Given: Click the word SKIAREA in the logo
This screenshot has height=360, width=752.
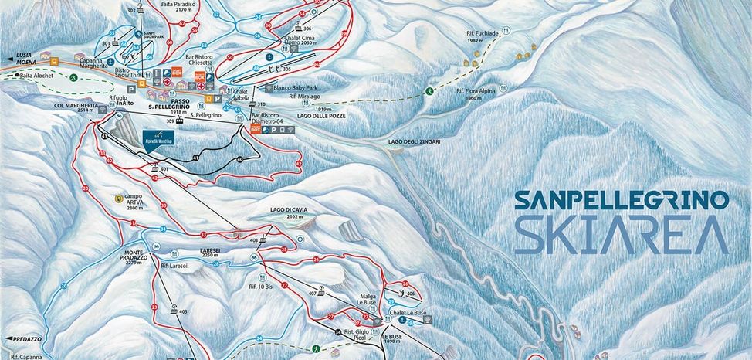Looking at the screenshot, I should pos(622,235).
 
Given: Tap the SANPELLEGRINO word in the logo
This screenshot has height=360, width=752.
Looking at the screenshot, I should pos(622,201).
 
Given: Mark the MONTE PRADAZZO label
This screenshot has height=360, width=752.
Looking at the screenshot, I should pos(139,256).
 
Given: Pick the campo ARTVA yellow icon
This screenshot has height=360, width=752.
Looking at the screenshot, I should pos(118,198).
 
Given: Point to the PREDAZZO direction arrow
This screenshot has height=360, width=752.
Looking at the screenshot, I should pos(10,338).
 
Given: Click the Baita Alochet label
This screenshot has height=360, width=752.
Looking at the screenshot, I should pos(36,76).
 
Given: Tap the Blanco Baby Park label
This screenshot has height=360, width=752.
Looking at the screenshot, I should pos(294,88).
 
